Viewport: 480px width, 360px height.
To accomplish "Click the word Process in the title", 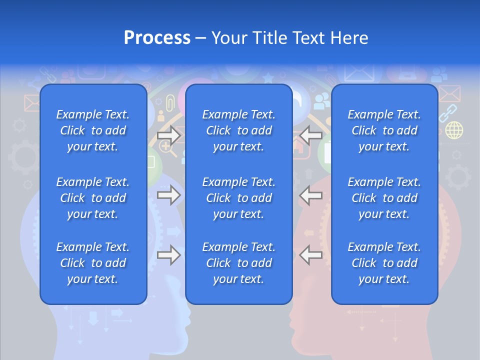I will [x=157, y=38].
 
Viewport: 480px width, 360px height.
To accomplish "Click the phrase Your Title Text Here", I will [x=289, y=38].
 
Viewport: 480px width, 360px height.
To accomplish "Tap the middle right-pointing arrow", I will [x=168, y=195].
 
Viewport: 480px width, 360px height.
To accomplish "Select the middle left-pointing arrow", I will [x=311, y=195].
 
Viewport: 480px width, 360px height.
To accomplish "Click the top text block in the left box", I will [x=93, y=130].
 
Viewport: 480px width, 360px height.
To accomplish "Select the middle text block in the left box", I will [x=93, y=198].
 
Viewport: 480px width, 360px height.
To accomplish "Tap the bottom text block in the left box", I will [x=93, y=263].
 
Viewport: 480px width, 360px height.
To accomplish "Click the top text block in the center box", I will [x=239, y=130].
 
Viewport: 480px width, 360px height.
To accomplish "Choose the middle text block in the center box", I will [x=239, y=198].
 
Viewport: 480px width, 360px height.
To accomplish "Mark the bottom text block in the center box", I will [x=239, y=263].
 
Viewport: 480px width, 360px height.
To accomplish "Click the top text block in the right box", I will [x=384, y=130].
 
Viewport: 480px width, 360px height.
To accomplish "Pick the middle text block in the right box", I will [x=384, y=198].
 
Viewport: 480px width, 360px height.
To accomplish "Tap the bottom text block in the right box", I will [x=384, y=263].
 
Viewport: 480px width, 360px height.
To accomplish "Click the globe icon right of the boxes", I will [x=454, y=130].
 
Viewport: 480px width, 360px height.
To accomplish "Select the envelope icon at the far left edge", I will [x=31, y=103].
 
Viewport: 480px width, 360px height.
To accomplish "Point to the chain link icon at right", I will [x=448, y=113].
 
